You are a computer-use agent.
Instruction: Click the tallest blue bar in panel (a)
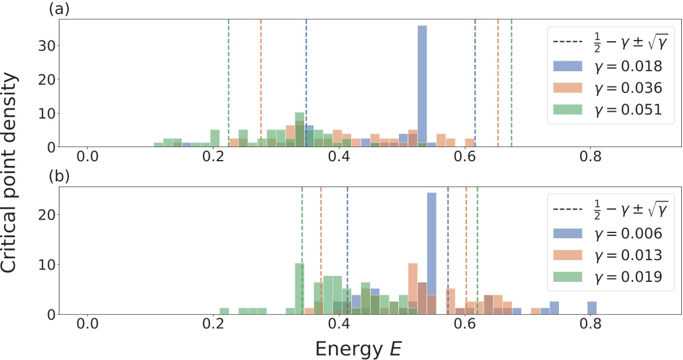(x=422, y=85)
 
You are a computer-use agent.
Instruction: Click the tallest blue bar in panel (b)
(x=431, y=253)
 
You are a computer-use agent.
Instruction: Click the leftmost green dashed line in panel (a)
(x=228, y=82)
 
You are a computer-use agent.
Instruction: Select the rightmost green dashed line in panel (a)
(x=511, y=82)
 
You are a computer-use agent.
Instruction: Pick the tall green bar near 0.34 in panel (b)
(x=299, y=288)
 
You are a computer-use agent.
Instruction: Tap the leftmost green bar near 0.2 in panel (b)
(x=224, y=311)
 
